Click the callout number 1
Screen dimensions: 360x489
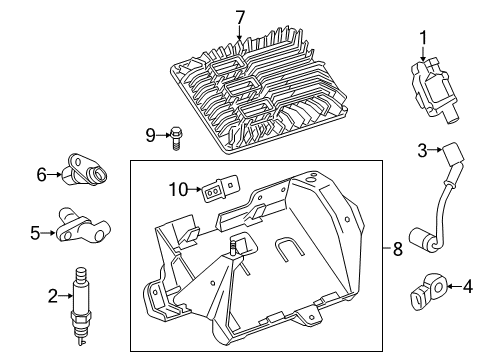(421, 39)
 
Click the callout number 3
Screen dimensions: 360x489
(422, 150)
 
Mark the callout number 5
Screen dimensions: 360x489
(34, 233)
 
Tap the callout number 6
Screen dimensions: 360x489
(42, 174)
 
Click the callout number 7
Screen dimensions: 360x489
(239, 17)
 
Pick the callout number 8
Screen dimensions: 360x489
(397, 250)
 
